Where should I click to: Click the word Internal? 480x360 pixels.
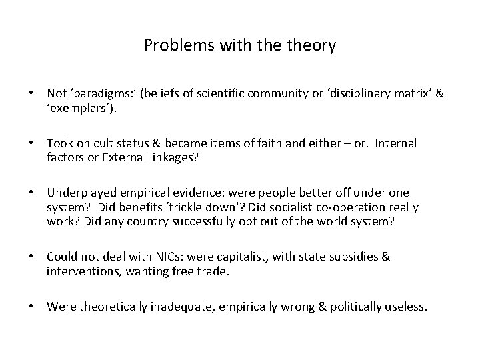[395, 143]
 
